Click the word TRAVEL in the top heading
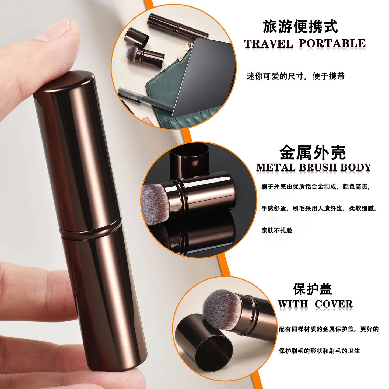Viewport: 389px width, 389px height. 268,44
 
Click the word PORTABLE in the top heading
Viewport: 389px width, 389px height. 332,44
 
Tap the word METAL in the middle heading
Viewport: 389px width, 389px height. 276,167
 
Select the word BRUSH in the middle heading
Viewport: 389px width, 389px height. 318,167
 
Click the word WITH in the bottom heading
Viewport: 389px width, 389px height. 293,304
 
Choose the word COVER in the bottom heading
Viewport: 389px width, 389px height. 334,304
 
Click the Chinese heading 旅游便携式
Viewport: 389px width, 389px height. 300,27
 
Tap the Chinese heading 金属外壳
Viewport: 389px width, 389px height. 312,153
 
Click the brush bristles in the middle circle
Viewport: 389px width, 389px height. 155,203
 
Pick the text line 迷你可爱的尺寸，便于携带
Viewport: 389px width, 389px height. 295,76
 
